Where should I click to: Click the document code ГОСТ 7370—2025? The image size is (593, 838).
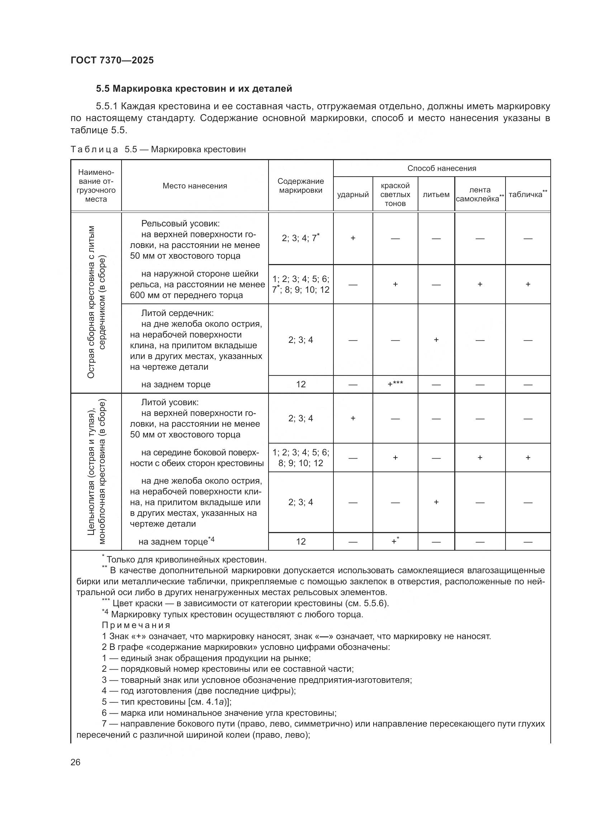[x=112, y=61]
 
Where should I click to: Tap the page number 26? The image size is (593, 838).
[x=76, y=762]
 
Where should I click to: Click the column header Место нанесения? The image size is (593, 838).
[x=195, y=186]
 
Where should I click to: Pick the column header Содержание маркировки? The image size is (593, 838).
[x=300, y=186]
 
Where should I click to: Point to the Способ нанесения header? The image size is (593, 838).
[x=441, y=168]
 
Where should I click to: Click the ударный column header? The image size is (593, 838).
[x=353, y=195]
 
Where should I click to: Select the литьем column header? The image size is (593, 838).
[x=436, y=195]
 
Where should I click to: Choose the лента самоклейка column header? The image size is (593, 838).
[x=479, y=195]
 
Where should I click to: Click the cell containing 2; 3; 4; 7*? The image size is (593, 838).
[x=300, y=238]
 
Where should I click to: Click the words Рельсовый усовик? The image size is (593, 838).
[x=180, y=223]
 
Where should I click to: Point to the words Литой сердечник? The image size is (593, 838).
[x=177, y=313]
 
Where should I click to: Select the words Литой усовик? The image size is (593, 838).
[x=170, y=402]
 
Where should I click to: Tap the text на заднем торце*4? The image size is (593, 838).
[x=176, y=541]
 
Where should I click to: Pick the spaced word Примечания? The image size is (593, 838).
[x=136, y=625]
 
